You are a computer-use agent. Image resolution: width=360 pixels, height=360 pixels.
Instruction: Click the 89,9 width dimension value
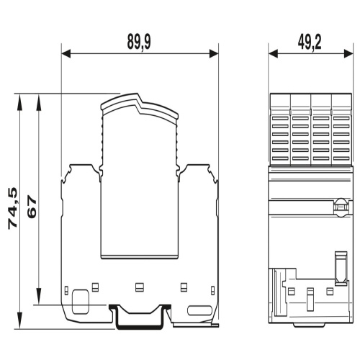pyautogui.click(x=139, y=42)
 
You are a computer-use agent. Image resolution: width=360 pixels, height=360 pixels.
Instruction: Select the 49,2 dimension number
pyautogui.click(x=310, y=42)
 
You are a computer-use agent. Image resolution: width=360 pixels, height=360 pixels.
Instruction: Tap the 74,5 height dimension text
pyautogui.click(x=13, y=208)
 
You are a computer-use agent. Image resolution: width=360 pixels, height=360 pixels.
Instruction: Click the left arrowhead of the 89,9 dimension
pyautogui.click(x=66, y=53)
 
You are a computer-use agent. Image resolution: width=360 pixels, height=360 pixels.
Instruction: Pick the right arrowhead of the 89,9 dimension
pyautogui.click(x=214, y=53)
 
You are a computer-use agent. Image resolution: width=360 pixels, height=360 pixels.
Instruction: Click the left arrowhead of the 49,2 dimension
pyautogui.click(x=273, y=53)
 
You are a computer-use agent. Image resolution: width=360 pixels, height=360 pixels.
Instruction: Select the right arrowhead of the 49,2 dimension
pyautogui.click(x=348, y=53)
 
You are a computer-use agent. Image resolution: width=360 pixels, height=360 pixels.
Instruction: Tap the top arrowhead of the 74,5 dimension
pyautogui.click(x=19, y=102)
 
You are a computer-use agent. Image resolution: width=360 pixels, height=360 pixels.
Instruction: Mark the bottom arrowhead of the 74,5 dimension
pyautogui.click(x=19, y=320)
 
